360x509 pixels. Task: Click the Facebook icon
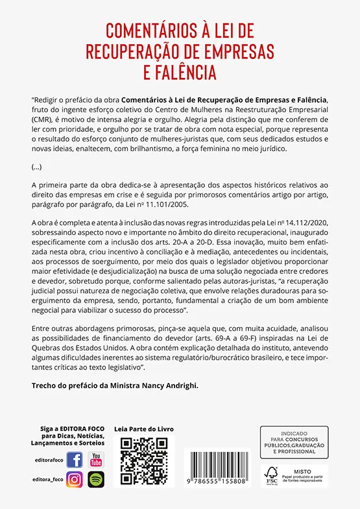[75, 460]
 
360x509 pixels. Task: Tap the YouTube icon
[96, 460]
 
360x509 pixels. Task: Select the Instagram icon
[75, 480]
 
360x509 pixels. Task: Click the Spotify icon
[96, 480]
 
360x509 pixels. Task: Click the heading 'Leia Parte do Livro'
[144, 429]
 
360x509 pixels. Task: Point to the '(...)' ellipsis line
[36, 166]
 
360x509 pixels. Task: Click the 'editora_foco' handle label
[45, 480]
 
